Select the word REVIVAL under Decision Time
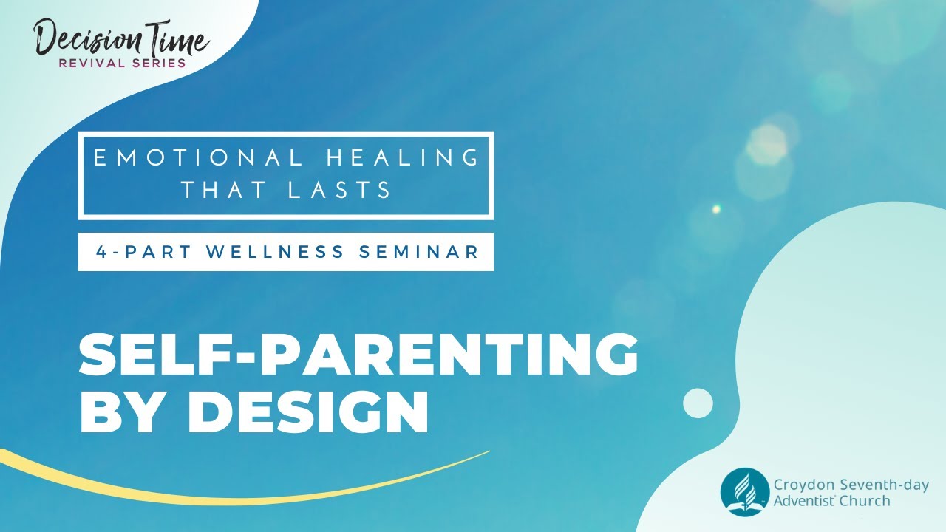pyautogui.click(x=89, y=63)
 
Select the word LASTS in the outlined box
pyautogui.click(x=339, y=191)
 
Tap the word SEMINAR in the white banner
pyautogui.click(x=419, y=252)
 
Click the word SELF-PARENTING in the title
pyautogui.click(x=358, y=354)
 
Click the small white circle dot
pyautogui.click(x=698, y=403)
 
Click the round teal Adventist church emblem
pyautogui.click(x=745, y=491)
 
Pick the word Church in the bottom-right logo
pyautogui.click(x=868, y=501)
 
